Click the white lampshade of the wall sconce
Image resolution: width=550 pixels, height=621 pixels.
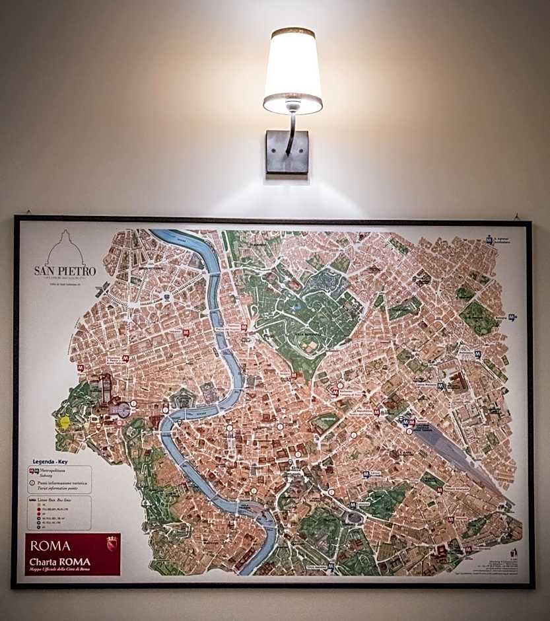tap(292, 65)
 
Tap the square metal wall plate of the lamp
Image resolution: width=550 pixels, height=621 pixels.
tap(287, 152)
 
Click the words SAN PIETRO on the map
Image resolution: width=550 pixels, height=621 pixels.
tap(65, 271)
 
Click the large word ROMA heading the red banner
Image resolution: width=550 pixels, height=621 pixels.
tap(51, 546)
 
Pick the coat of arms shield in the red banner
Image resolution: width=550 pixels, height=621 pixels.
tap(112, 544)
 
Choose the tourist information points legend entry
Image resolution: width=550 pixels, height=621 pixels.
tap(59, 486)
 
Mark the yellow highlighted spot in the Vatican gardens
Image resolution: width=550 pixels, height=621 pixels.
tap(65, 421)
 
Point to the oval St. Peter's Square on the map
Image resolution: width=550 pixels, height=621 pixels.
tap(121, 410)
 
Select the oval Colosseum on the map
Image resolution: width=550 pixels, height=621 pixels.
tap(354, 517)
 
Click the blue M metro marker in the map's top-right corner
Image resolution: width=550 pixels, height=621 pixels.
tap(489, 240)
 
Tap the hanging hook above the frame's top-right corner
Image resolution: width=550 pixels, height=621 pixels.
tap(516, 216)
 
